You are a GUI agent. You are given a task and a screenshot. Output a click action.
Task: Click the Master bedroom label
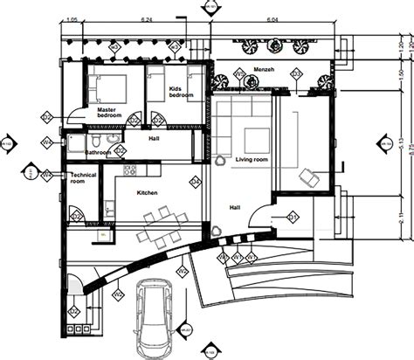[109, 112]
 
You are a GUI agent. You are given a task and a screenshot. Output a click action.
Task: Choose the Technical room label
[82, 179]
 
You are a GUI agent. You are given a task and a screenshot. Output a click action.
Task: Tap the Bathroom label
[98, 154]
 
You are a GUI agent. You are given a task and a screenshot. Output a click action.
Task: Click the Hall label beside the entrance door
[235, 207]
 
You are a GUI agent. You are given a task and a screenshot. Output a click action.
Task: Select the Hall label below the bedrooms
[154, 137]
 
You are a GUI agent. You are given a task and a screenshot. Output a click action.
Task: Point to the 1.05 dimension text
[72, 17]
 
